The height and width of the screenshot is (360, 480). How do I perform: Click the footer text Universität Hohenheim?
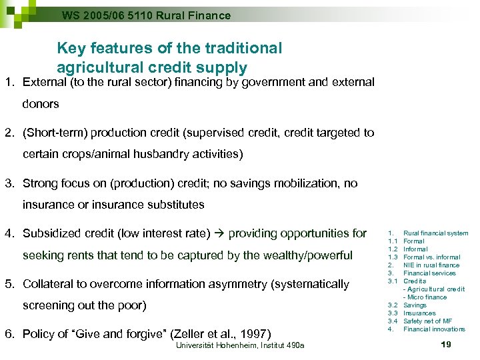point(210,345)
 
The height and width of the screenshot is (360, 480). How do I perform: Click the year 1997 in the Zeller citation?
point(257,333)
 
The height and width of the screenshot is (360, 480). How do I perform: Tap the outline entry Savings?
point(415,305)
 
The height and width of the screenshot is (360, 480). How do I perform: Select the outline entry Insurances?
point(419,313)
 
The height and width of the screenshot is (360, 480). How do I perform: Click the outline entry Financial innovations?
point(434,329)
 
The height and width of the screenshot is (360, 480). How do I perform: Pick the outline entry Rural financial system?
point(436,233)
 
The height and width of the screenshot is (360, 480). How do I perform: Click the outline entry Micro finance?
point(427,297)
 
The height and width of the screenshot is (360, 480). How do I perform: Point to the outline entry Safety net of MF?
point(427,321)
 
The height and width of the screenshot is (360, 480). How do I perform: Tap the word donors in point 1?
point(41,104)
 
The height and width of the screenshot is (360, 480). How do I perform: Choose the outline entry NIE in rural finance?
point(431,265)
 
